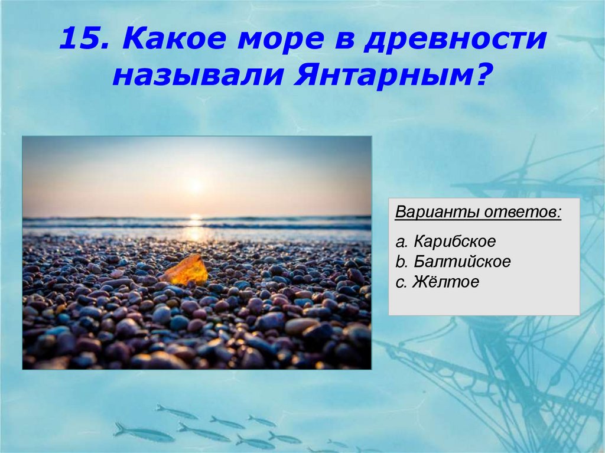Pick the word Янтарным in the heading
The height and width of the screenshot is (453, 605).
(381, 76)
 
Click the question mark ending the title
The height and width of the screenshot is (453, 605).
(483, 76)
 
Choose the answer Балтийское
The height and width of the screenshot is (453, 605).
(462, 262)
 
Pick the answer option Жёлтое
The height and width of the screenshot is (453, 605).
(446, 282)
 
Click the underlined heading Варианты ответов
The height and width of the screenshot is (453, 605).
(479, 212)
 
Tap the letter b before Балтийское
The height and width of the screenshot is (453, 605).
(400, 262)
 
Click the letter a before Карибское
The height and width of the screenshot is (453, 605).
(400, 242)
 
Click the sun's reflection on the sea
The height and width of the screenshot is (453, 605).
(195, 229)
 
